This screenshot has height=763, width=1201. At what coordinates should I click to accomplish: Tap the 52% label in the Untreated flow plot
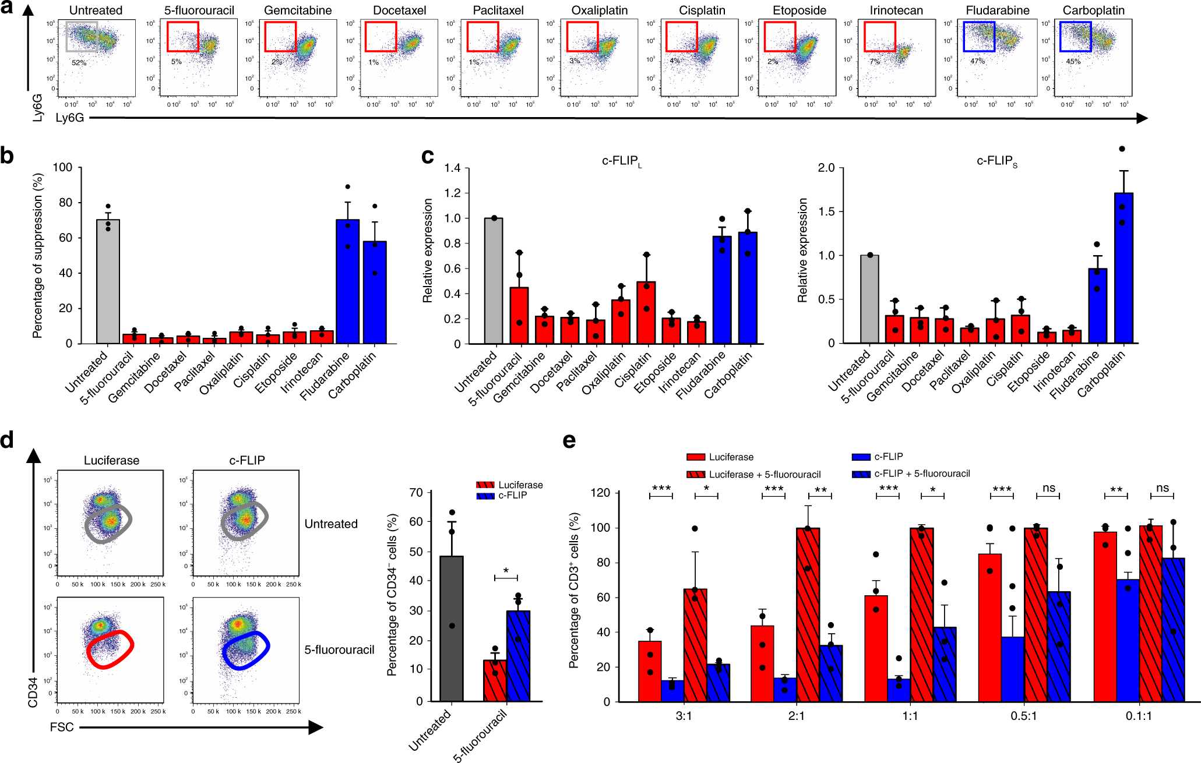(x=79, y=62)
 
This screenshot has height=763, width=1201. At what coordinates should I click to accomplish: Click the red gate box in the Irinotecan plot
(x=879, y=37)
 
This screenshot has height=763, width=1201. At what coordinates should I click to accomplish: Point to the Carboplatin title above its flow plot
(x=1093, y=10)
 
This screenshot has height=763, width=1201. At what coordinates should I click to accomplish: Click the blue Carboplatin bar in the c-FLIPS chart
(x=1123, y=268)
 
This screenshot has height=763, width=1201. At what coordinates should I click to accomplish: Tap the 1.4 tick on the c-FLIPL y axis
(x=452, y=168)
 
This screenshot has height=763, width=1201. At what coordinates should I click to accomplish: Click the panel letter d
(x=7, y=440)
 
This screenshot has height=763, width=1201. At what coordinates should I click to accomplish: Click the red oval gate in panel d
(x=110, y=649)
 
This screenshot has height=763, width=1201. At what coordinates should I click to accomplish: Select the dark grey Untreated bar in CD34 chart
(x=452, y=628)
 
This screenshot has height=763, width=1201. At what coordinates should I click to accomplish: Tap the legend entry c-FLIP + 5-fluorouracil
(x=921, y=474)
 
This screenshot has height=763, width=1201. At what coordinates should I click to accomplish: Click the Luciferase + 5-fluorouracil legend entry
(x=764, y=474)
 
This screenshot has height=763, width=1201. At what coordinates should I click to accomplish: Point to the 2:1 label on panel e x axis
(x=796, y=716)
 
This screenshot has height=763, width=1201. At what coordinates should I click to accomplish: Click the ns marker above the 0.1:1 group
(x=1162, y=488)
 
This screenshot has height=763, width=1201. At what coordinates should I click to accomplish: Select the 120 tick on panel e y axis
(x=599, y=493)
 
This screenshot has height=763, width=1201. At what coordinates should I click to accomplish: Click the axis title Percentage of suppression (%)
(x=38, y=255)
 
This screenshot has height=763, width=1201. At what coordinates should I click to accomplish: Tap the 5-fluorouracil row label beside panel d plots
(x=339, y=649)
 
